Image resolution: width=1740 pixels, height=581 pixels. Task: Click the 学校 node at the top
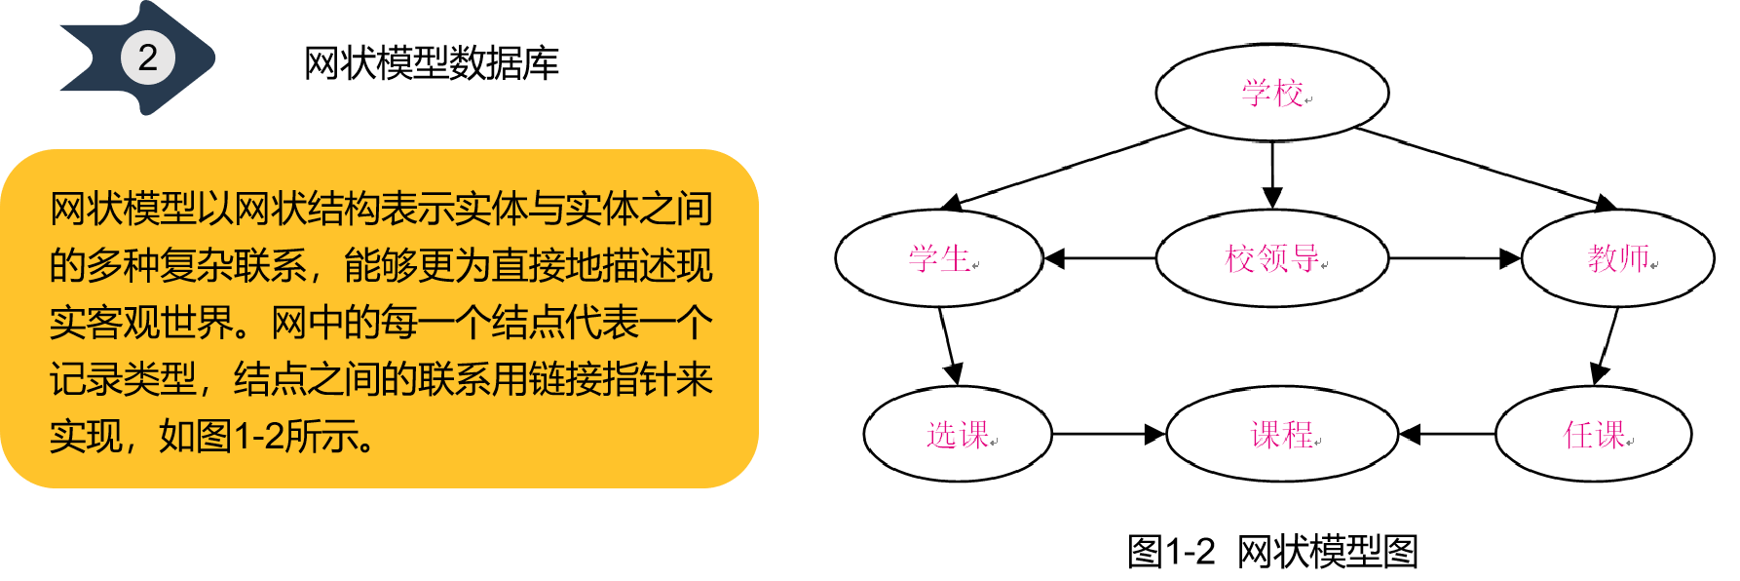(1271, 93)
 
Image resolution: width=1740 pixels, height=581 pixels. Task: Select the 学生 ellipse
(939, 258)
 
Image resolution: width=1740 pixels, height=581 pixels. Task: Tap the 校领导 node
(1271, 258)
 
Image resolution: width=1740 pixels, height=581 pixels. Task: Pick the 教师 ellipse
(1617, 258)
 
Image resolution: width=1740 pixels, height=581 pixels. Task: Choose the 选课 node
(958, 434)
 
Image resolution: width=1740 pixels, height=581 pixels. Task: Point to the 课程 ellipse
(1282, 434)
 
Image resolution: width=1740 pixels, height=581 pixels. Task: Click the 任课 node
(1593, 434)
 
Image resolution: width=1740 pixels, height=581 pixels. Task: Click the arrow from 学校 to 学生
(1067, 168)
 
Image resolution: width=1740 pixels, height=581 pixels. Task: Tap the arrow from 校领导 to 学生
(1099, 258)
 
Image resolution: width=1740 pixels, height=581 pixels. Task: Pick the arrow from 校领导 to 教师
(1454, 258)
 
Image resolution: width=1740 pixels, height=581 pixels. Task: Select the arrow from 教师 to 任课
(1607, 346)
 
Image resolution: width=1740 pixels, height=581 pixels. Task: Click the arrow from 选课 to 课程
(1109, 434)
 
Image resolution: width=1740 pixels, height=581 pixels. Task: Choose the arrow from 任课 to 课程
(1447, 434)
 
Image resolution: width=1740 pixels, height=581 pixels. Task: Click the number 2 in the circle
(147, 58)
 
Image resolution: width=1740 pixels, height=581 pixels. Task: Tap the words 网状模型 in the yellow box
(123, 209)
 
